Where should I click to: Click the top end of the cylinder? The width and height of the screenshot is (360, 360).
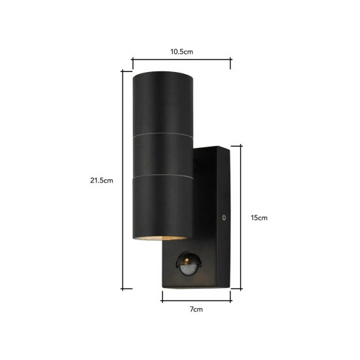tap(162, 73)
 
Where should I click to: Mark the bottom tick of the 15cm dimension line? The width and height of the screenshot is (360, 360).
tap(242, 286)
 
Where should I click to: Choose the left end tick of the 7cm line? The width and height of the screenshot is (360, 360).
tap(162, 295)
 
